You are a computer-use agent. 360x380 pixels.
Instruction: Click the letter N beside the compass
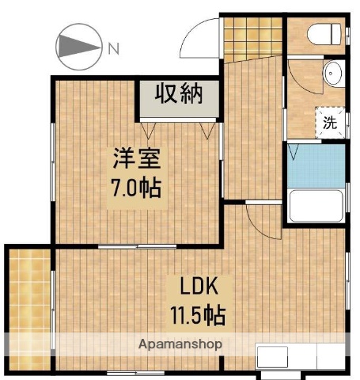114,47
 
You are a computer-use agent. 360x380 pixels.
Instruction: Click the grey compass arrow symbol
79,46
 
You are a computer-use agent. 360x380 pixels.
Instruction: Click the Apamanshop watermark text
180,344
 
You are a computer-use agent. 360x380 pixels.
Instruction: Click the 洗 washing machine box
329,122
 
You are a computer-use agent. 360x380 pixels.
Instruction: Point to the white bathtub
316,206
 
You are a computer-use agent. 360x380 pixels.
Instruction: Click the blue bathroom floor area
316,165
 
